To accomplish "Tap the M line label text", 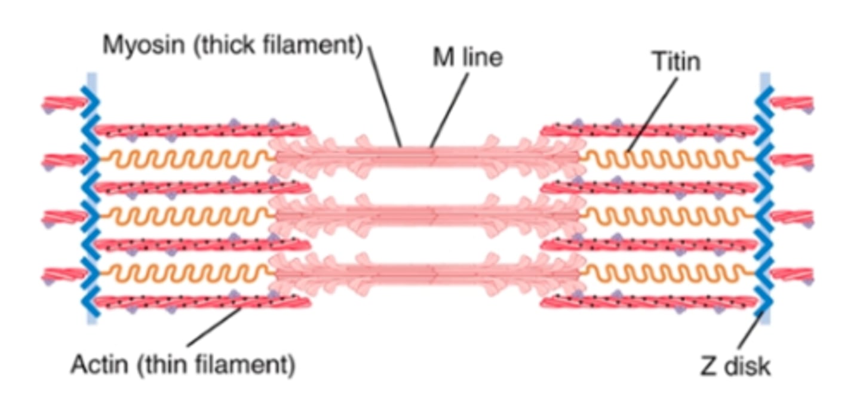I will point(467,57).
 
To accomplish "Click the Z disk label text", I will point(735,366).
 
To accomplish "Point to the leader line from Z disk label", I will point(750,332).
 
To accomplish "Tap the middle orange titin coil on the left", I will point(185,216).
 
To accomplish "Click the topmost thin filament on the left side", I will point(203,130).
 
